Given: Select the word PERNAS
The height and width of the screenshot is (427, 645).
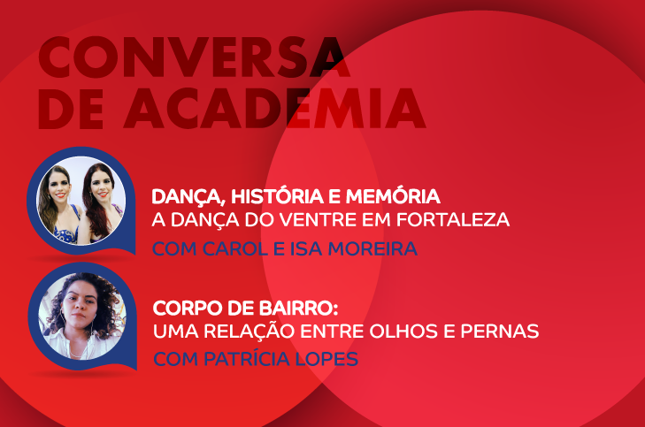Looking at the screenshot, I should click(503, 333).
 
